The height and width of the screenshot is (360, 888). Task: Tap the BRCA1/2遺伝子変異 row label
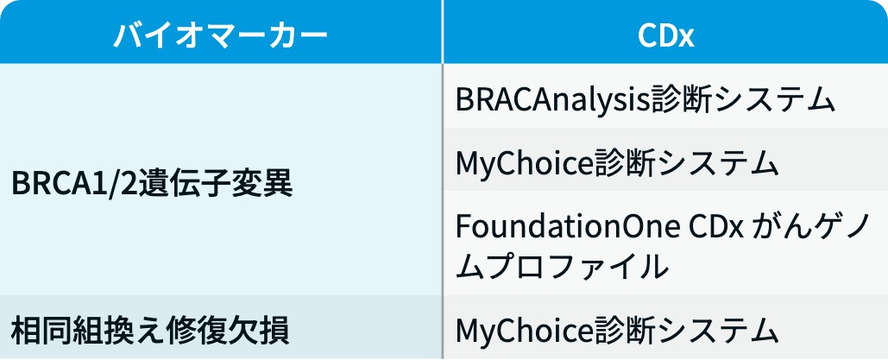[153, 184]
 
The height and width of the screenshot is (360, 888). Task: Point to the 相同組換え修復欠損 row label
[151, 330]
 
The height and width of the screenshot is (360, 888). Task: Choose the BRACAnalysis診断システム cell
[646, 100]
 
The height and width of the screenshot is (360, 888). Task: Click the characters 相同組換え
[81, 330]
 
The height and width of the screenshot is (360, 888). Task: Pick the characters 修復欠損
[221, 330]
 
